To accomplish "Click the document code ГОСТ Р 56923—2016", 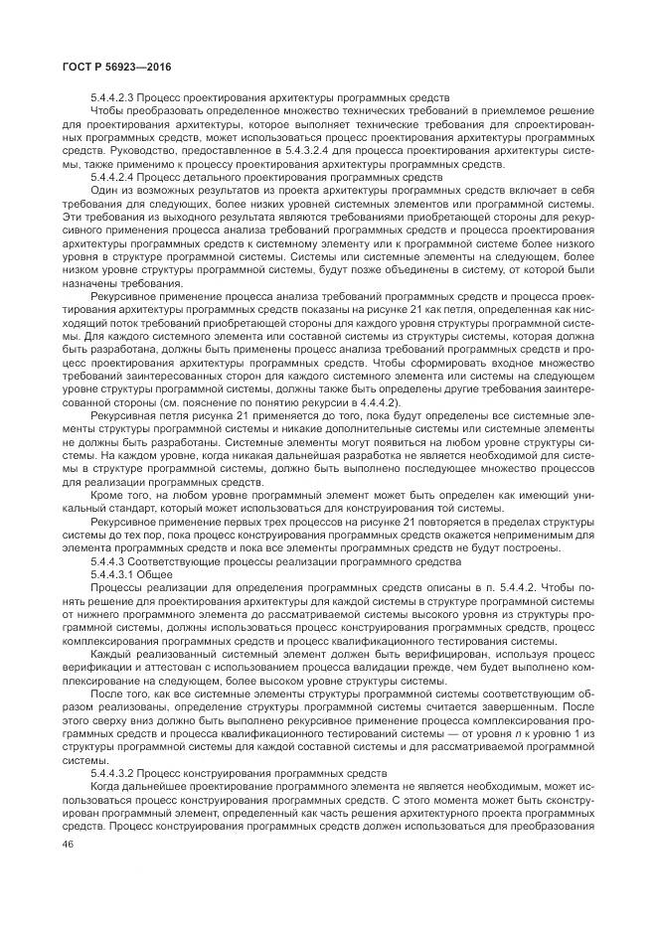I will (95, 68).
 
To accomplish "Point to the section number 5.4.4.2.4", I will (112, 176).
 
